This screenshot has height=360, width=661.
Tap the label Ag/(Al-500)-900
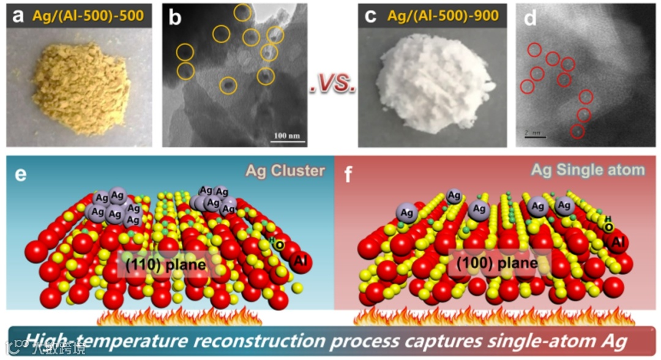(x=438, y=17)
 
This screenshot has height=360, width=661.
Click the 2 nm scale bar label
(x=530, y=132)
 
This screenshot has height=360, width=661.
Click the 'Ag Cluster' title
(x=285, y=171)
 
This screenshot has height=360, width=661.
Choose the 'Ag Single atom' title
(x=588, y=170)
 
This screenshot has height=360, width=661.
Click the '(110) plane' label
(x=161, y=265)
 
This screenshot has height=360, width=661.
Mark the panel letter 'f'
(x=348, y=173)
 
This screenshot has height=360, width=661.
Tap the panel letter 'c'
(x=370, y=17)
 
